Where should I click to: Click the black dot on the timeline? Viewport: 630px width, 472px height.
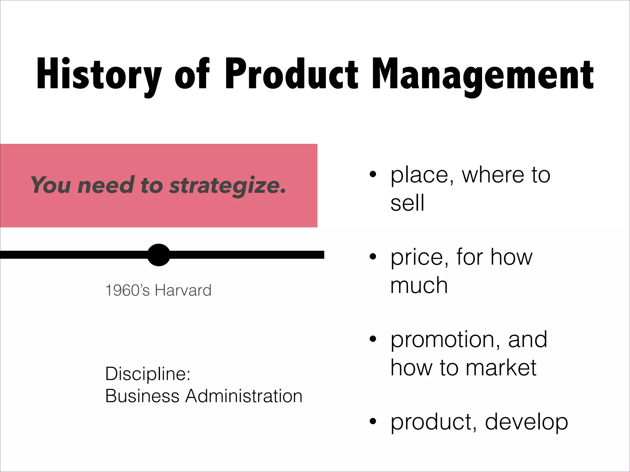159,255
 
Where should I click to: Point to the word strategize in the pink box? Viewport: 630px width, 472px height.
227,186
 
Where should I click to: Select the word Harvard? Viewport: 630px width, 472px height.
183,290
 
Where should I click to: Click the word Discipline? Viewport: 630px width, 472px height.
148,374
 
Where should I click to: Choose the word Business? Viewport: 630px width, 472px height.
142,396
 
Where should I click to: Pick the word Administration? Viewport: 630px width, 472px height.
244,396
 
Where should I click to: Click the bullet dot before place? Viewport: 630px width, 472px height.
373,175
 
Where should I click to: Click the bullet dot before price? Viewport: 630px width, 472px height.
373,257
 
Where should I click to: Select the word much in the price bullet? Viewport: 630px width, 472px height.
419,285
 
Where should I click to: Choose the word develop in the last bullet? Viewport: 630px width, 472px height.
526,422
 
